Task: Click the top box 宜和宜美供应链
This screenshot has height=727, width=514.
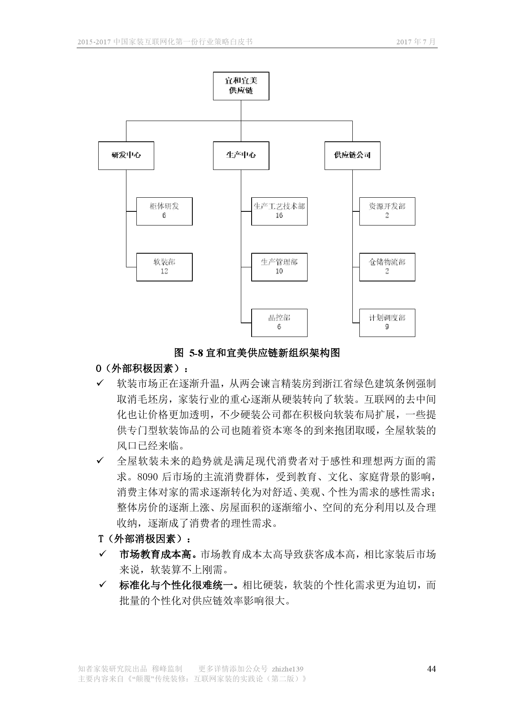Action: [x=241, y=86]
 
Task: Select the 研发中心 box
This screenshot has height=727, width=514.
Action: [x=126, y=155]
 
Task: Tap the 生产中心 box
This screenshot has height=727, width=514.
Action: [x=241, y=155]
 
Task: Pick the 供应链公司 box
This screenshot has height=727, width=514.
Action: [x=352, y=155]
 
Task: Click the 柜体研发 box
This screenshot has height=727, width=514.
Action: [x=164, y=211]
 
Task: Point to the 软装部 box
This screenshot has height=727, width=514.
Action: [x=164, y=267]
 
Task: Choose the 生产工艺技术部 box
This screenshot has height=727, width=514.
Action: [x=279, y=211]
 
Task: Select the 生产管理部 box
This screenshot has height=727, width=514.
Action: [x=279, y=267]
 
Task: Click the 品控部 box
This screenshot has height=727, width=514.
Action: [x=279, y=322]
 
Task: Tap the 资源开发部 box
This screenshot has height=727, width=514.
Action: [x=387, y=211]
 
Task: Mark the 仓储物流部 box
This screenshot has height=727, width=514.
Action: [x=387, y=267]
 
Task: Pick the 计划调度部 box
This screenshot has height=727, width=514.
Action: [x=387, y=322]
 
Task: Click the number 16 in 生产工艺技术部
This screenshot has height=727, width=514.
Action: [x=279, y=216]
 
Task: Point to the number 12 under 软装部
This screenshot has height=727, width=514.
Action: [x=164, y=271]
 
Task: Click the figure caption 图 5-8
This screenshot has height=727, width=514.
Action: [x=257, y=353]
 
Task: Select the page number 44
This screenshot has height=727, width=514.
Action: [x=431, y=669]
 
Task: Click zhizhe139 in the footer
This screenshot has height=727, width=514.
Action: [x=287, y=669]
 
